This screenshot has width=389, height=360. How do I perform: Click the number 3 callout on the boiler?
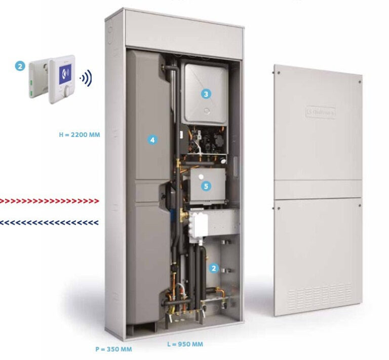click(205, 94)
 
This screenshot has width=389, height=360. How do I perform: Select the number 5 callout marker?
click(205, 186)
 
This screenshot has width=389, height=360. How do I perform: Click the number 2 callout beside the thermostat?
click(20, 66)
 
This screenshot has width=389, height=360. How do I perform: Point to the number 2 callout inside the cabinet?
click(214, 267)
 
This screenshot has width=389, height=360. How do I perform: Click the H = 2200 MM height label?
click(80, 135)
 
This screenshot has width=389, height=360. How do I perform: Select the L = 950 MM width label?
click(185, 344)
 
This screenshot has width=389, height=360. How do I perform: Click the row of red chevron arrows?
click(50, 201)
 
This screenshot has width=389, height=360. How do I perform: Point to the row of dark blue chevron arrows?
click(50, 222)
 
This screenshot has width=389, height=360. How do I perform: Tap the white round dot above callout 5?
click(201, 176)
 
